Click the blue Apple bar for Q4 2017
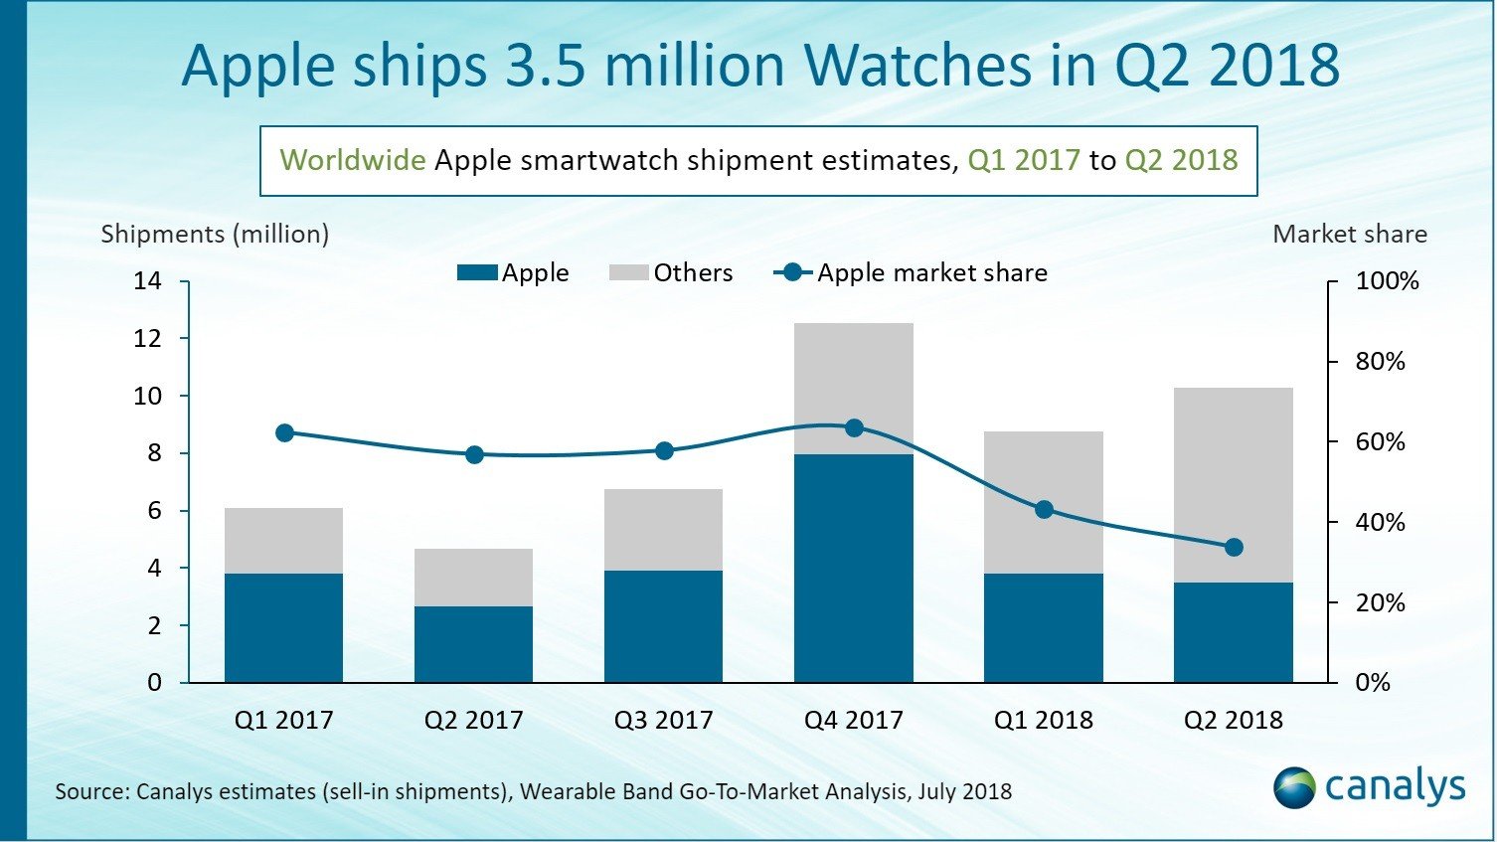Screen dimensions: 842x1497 (853, 568)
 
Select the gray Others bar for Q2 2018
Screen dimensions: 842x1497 (1233, 484)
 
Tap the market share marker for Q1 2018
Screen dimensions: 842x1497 (1044, 510)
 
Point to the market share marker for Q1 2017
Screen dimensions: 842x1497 (284, 432)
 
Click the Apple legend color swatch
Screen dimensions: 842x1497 (477, 273)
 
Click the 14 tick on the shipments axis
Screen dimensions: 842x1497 (147, 281)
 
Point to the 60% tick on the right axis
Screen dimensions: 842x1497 (1380, 442)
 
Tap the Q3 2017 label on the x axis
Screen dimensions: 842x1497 (663, 720)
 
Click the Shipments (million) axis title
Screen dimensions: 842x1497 (215, 235)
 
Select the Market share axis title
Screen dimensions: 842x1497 (1349, 235)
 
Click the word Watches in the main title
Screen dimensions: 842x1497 (916, 66)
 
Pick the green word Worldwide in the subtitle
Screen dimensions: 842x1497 (353, 160)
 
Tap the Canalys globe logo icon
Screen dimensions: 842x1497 (1294, 787)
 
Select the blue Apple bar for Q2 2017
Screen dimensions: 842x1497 (473, 644)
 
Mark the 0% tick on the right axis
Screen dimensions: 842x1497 (1372, 683)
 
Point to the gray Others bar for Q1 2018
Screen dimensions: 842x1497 (1044, 502)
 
